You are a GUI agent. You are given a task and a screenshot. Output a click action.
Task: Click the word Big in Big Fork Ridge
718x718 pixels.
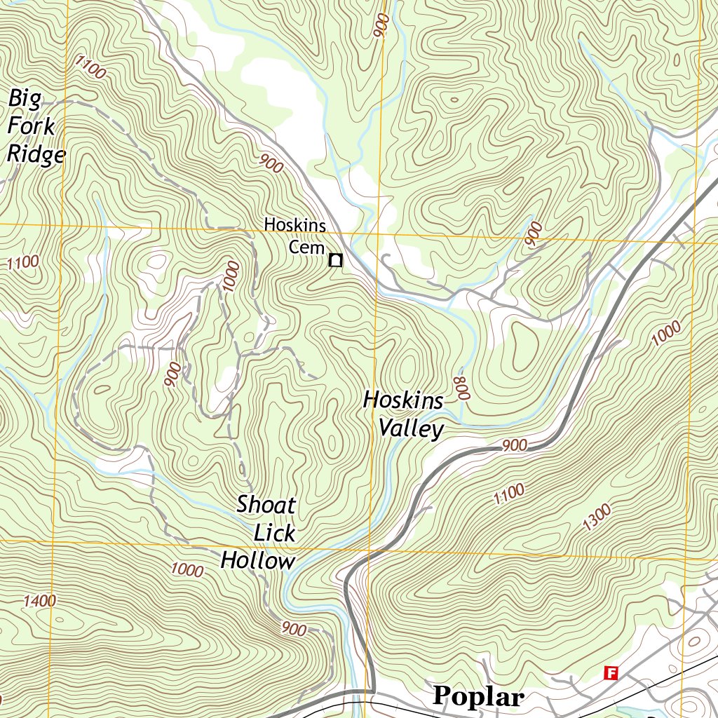25,99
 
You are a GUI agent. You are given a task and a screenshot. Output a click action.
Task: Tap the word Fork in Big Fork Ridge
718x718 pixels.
31,127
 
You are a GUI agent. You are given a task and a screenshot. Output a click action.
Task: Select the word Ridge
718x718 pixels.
36,154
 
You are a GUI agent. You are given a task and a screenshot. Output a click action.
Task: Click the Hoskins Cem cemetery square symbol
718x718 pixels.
336,261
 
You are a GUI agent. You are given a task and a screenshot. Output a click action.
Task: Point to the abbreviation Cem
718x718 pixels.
306,248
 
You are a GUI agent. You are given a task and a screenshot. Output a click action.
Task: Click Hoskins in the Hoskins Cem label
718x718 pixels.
294,225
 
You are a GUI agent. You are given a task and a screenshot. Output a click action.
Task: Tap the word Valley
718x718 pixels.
412,428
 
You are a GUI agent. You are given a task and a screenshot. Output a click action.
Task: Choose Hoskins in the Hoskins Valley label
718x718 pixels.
403,400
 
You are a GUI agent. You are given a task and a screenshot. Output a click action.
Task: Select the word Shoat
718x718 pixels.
266,504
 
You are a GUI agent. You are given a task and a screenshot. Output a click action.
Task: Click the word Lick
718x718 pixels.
274,533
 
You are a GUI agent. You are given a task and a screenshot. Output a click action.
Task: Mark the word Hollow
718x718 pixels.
258,561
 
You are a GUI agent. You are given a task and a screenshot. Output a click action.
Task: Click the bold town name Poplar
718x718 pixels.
478,696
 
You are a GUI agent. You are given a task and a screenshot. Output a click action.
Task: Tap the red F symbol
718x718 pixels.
611,673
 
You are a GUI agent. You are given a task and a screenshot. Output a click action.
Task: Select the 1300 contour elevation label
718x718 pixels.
596,517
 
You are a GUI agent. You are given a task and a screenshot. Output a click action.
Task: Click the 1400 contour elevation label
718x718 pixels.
39,601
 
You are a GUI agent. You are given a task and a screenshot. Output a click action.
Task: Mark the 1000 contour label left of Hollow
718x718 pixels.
187,569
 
